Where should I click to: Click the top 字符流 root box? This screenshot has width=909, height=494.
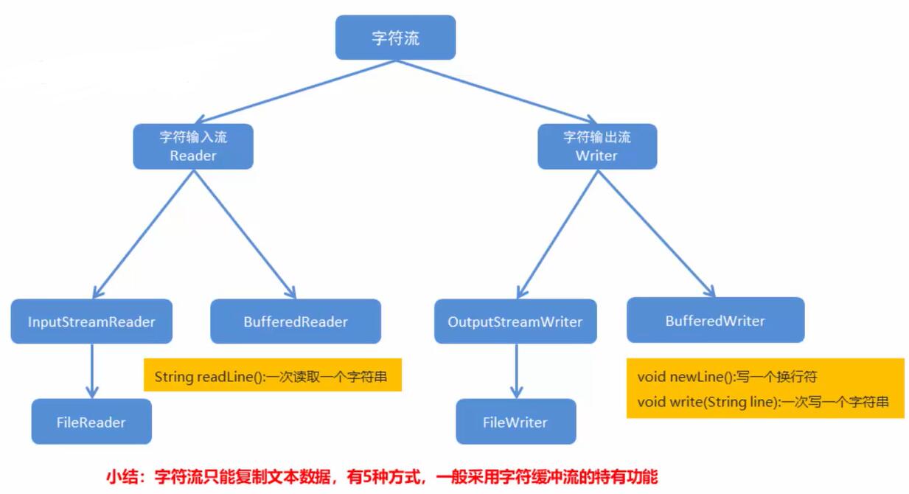[395, 38]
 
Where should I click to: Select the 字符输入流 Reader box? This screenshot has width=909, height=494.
[192, 146]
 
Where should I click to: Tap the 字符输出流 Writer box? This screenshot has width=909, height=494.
[596, 146]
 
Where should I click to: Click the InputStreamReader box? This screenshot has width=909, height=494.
[91, 321]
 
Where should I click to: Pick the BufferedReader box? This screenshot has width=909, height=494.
[296, 321]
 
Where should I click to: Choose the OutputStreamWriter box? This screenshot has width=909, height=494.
[515, 321]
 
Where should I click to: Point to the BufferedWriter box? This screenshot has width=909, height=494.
[715, 321]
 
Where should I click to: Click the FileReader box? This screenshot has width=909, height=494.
[91, 422]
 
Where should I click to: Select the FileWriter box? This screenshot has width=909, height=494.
[515, 422]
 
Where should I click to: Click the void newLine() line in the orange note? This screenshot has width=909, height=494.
[686, 377]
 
